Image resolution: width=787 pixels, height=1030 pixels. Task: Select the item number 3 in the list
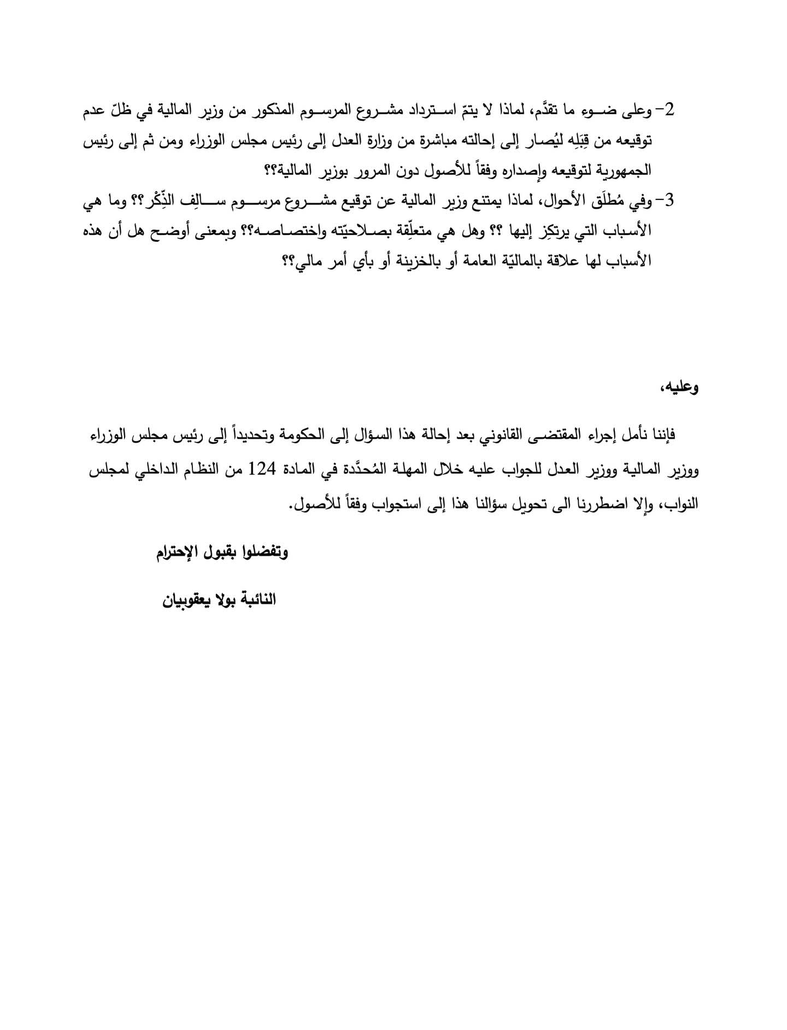point(670,201)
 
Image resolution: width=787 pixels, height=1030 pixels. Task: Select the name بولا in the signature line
point(232,601)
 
